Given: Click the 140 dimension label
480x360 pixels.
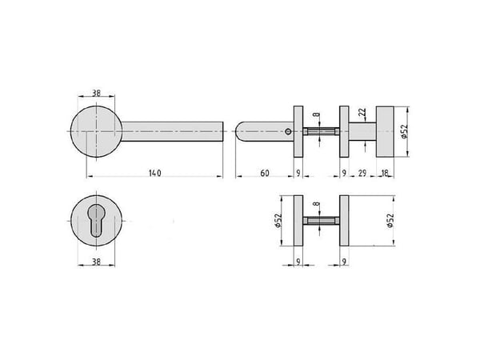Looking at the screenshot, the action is point(155,173).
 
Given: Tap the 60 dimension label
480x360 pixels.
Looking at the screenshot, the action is point(265,173).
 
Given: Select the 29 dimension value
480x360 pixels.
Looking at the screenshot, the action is point(362,173).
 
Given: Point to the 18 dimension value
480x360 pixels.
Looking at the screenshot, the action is point(385,173).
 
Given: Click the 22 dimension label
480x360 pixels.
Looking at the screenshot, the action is point(362,112).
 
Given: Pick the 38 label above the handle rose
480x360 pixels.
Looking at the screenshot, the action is point(97,93).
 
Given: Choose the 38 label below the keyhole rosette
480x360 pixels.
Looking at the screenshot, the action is point(97,262).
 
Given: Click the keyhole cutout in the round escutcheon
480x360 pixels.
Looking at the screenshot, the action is point(96,220).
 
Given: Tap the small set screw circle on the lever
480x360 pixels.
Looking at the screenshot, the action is point(287,132).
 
